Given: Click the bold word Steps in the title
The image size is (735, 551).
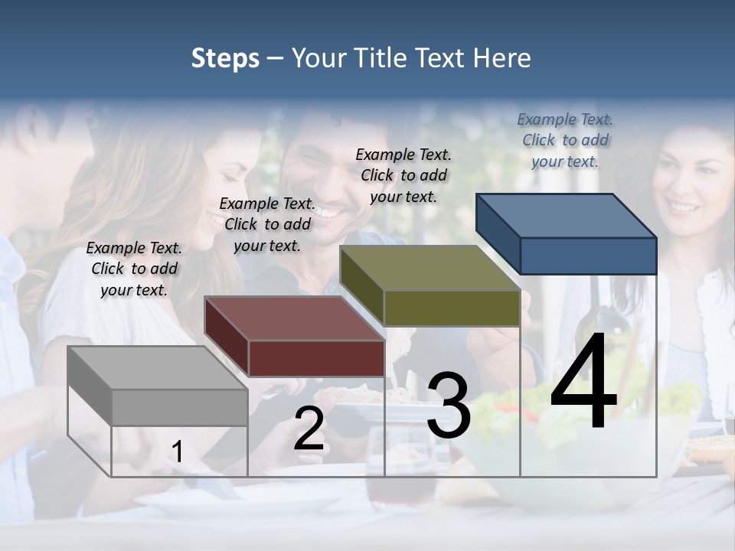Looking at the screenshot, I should pos(225,58).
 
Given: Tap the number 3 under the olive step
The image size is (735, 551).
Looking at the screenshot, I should pos(449,405).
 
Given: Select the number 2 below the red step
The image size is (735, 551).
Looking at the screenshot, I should pos(309,429).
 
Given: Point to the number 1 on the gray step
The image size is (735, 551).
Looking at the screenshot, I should pos(177,452).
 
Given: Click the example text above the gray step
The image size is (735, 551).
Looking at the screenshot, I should pos(134,269).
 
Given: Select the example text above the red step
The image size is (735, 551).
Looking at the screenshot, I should pos(267,224).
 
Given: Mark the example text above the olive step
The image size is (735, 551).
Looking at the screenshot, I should pos(403,175).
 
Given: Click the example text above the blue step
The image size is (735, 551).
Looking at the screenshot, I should pos(565,140).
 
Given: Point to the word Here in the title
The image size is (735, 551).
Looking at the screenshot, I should pos(501,58).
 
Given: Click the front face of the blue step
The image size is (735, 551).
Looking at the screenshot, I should pos(588,256).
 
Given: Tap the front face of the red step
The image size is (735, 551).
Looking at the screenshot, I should pos(316,358).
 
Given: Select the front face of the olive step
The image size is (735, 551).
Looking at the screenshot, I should pos(452,308).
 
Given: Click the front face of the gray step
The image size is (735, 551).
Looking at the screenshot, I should pos(180,407).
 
